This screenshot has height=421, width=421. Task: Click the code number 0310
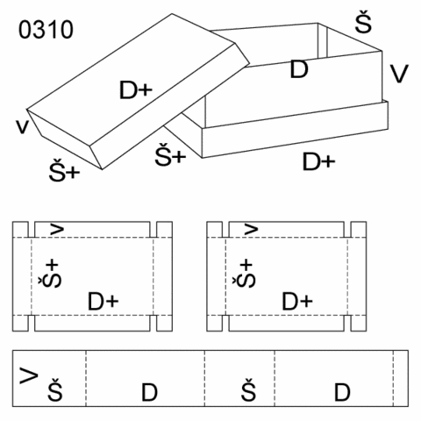[46, 30]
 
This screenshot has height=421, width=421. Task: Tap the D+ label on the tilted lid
[136, 90]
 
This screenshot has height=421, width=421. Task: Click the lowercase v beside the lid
[23, 126]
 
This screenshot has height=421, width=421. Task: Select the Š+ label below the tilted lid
[64, 170]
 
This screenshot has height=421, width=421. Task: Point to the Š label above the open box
[363, 22]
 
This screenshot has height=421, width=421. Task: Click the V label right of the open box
[399, 74]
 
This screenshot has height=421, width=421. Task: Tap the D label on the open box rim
[299, 69]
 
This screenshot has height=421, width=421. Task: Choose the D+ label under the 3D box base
[318, 161]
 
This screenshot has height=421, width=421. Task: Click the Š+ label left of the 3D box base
[170, 155]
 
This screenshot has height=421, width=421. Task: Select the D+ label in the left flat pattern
[103, 302]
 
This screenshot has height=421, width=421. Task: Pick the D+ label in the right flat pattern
[297, 302]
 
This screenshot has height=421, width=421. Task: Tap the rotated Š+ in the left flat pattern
[50, 274]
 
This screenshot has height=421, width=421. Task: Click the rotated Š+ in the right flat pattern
[244, 274]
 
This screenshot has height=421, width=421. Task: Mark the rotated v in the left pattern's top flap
[57, 229]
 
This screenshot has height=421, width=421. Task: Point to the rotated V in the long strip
[29, 375]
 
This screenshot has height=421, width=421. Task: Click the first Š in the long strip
[55, 389]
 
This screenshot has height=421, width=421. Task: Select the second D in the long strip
[342, 392]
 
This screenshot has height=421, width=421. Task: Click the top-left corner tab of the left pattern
[20, 230]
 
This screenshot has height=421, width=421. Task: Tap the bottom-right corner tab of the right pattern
[359, 323]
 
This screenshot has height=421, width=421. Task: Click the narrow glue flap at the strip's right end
[401, 378]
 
